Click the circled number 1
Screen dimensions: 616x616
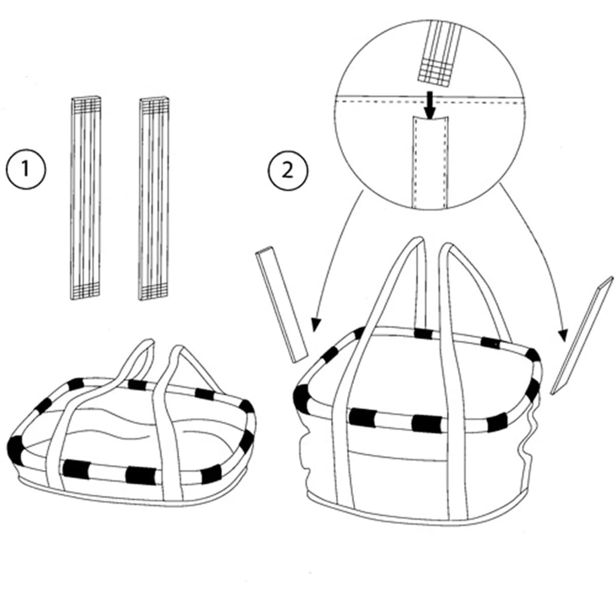point(26,169)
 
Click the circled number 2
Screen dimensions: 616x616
point(287,169)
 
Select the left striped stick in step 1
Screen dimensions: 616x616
point(85,197)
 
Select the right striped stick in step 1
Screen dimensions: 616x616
point(155,197)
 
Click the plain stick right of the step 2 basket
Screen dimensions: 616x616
point(582,336)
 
